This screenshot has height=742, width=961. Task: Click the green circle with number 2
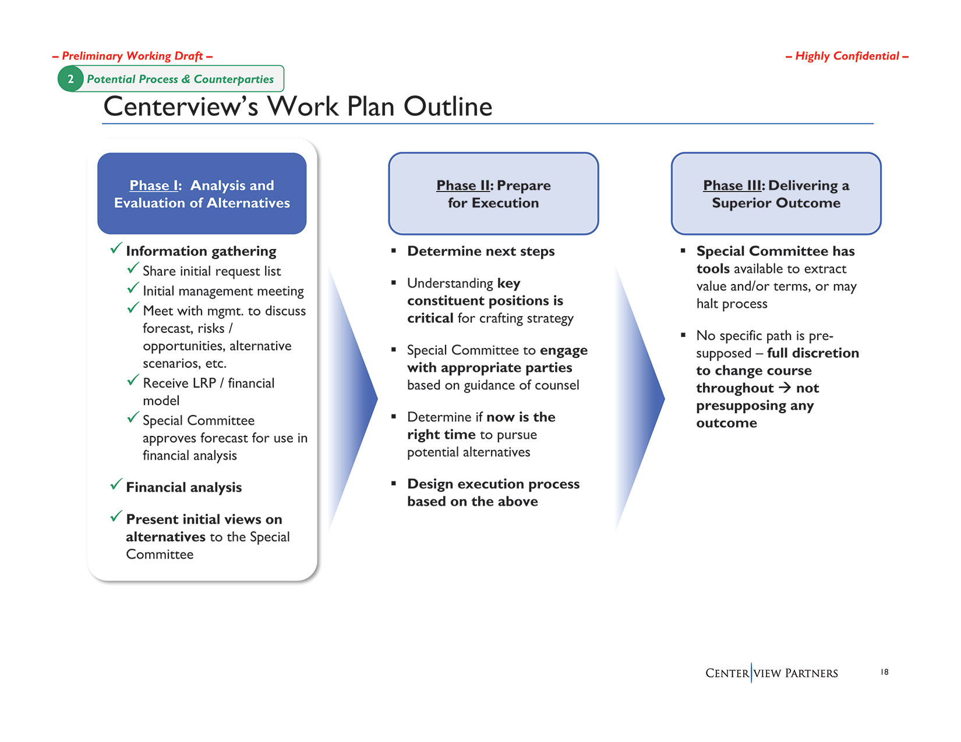tap(70, 79)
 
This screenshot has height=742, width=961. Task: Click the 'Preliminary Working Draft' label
tap(132, 56)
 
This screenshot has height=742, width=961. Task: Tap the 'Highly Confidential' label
tap(847, 56)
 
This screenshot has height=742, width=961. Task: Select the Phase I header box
tap(202, 194)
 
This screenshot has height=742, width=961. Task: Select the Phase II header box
tap(493, 194)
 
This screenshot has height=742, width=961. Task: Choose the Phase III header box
tap(776, 194)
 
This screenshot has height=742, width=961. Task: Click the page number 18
tap(884, 672)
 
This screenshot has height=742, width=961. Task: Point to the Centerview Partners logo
tap(771, 673)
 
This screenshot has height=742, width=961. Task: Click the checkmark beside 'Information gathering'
tap(116, 248)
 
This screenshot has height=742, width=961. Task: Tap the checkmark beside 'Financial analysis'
tap(116, 484)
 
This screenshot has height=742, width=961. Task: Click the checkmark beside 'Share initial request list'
tap(133, 268)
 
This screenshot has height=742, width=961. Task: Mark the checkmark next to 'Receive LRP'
tap(133, 381)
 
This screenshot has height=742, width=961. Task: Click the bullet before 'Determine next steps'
tap(394, 251)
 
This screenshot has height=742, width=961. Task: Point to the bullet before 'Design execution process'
tap(394, 483)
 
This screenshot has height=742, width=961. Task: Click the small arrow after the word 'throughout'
tap(785, 388)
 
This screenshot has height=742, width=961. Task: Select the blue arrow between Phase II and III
tap(642, 399)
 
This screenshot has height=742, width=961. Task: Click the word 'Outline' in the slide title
tap(448, 106)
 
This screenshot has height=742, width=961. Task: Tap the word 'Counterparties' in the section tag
tap(234, 79)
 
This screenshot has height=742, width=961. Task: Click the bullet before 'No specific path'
tap(683, 335)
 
